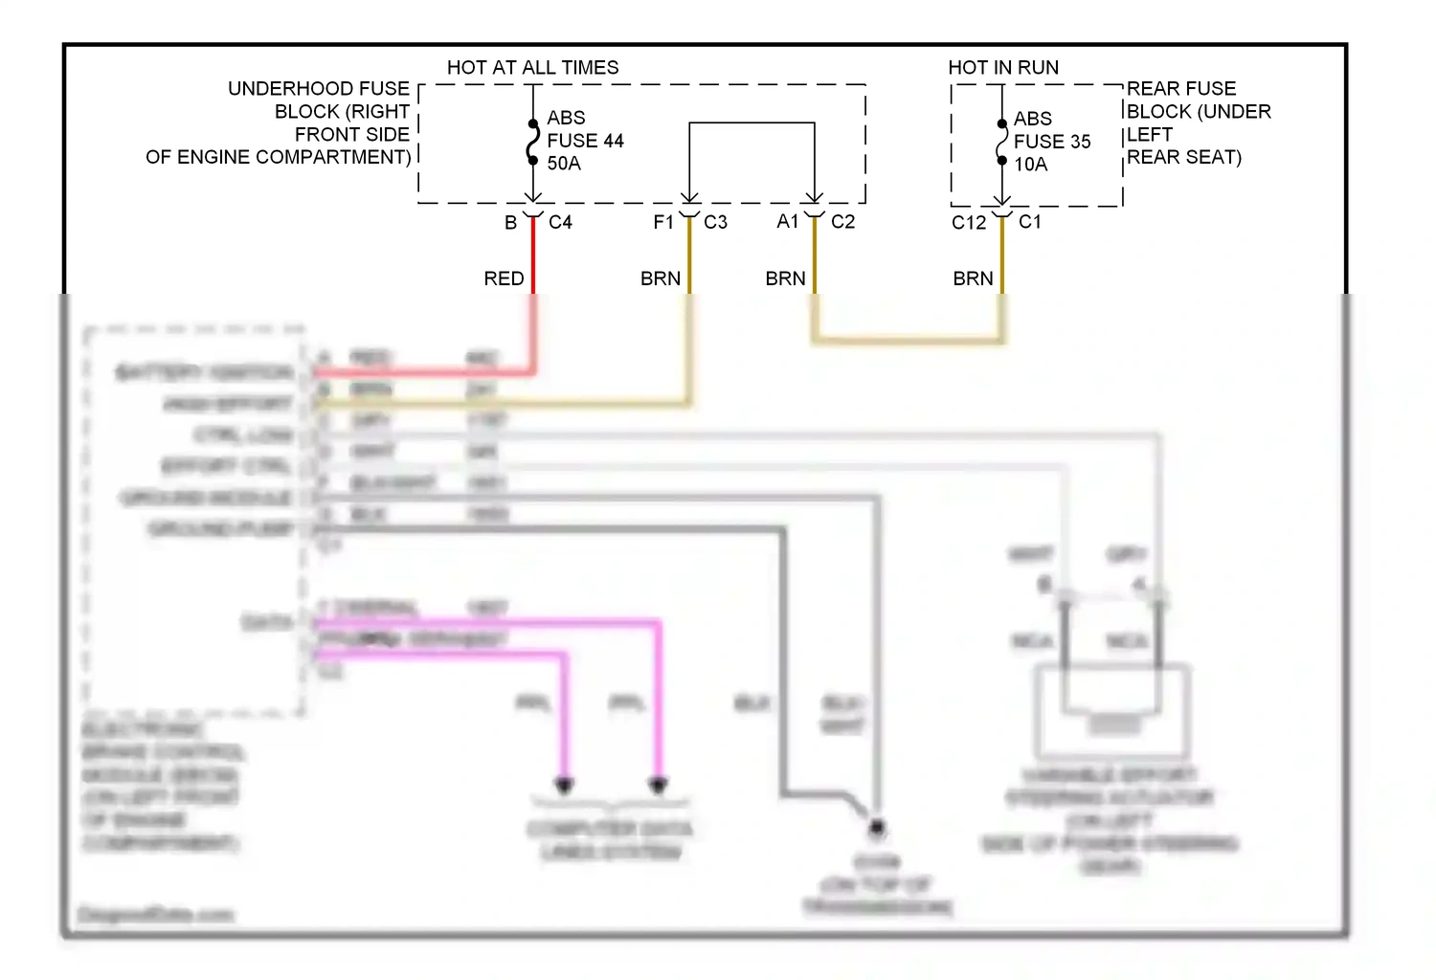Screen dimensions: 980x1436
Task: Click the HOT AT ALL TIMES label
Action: [x=532, y=67]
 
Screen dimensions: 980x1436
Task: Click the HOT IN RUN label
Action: [x=1002, y=67]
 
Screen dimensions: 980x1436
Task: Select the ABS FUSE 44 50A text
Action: [x=584, y=141]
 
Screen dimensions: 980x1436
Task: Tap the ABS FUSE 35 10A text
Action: [x=1051, y=142]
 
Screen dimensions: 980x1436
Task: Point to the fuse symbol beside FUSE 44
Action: [x=532, y=142]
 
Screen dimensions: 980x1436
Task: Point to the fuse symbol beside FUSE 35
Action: [x=1001, y=143]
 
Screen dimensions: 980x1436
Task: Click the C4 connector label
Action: [x=560, y=222]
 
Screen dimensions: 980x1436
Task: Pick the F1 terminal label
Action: [x=663, y=222]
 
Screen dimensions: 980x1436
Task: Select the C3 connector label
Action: [x=715, y=222]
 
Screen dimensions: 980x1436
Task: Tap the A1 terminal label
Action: [x=787, y=222]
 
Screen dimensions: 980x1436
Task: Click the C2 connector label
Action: [x=842, y=222]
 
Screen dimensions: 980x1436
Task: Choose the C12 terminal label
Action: [x=968, y=223]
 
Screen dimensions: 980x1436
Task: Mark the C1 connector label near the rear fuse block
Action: [x=1030, y=222]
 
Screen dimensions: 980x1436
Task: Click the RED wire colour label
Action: [x=504, y=278]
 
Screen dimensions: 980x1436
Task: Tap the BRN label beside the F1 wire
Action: [x=661, y=278]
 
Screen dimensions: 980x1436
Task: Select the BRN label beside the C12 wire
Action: [x=973, y=278]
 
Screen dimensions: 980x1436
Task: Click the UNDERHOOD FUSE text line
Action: [x=318, y=88]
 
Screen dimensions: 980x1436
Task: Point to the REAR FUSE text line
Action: [x=1180, y=88]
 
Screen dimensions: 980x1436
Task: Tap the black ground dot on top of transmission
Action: [x=875, y=826]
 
